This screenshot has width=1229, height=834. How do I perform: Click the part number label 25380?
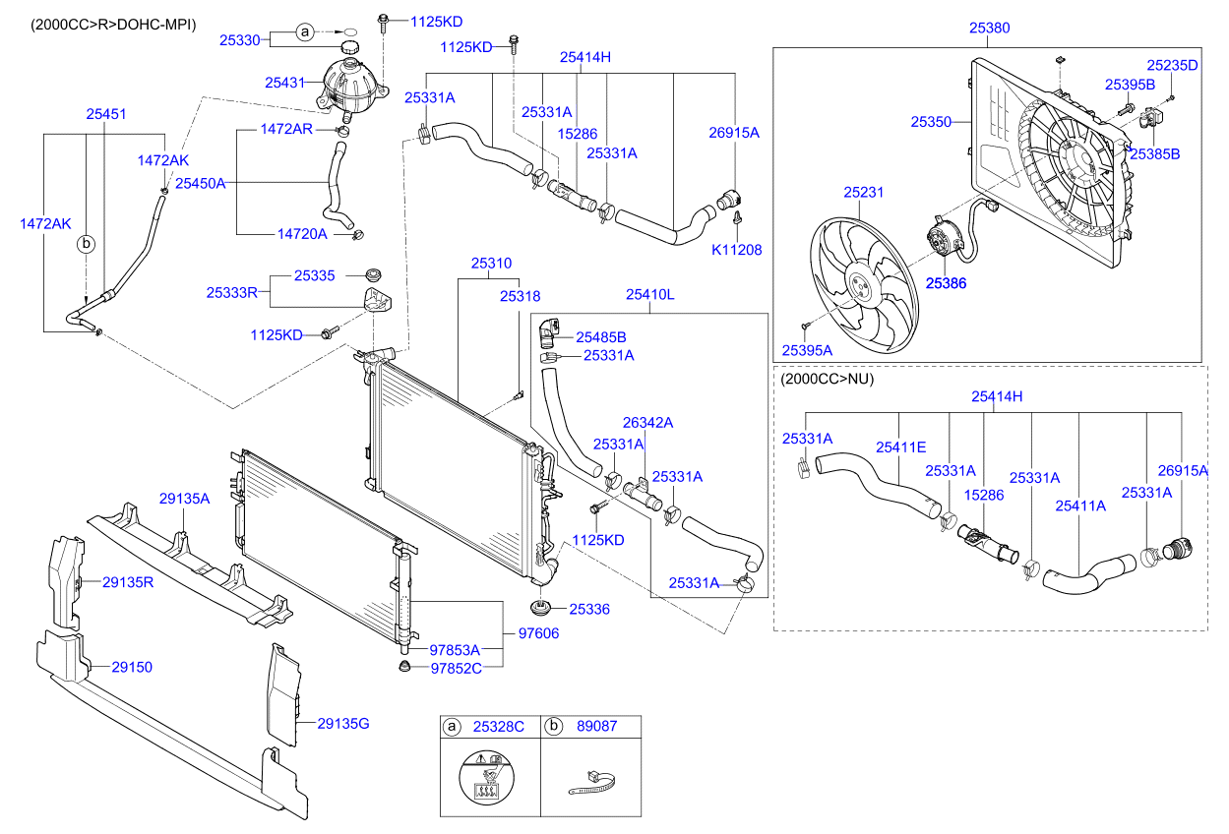coord(989,29)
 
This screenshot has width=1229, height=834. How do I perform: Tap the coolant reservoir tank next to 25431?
coord(348,84)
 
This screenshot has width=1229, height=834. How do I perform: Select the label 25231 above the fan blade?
coord(863,194)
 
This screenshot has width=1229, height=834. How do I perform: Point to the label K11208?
coord(736,250)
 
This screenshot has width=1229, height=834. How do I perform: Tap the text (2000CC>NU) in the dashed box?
coord(826,378)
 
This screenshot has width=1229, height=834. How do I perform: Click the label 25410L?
coord(650,294)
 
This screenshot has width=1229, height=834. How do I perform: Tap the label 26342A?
coord(647,422)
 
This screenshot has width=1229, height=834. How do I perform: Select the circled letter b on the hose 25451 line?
coord(87,243)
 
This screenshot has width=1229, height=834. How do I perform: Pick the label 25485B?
coord(600,336)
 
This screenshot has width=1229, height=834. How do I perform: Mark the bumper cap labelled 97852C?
coord(402,669)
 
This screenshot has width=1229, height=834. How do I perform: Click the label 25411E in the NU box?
coord(900,446)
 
